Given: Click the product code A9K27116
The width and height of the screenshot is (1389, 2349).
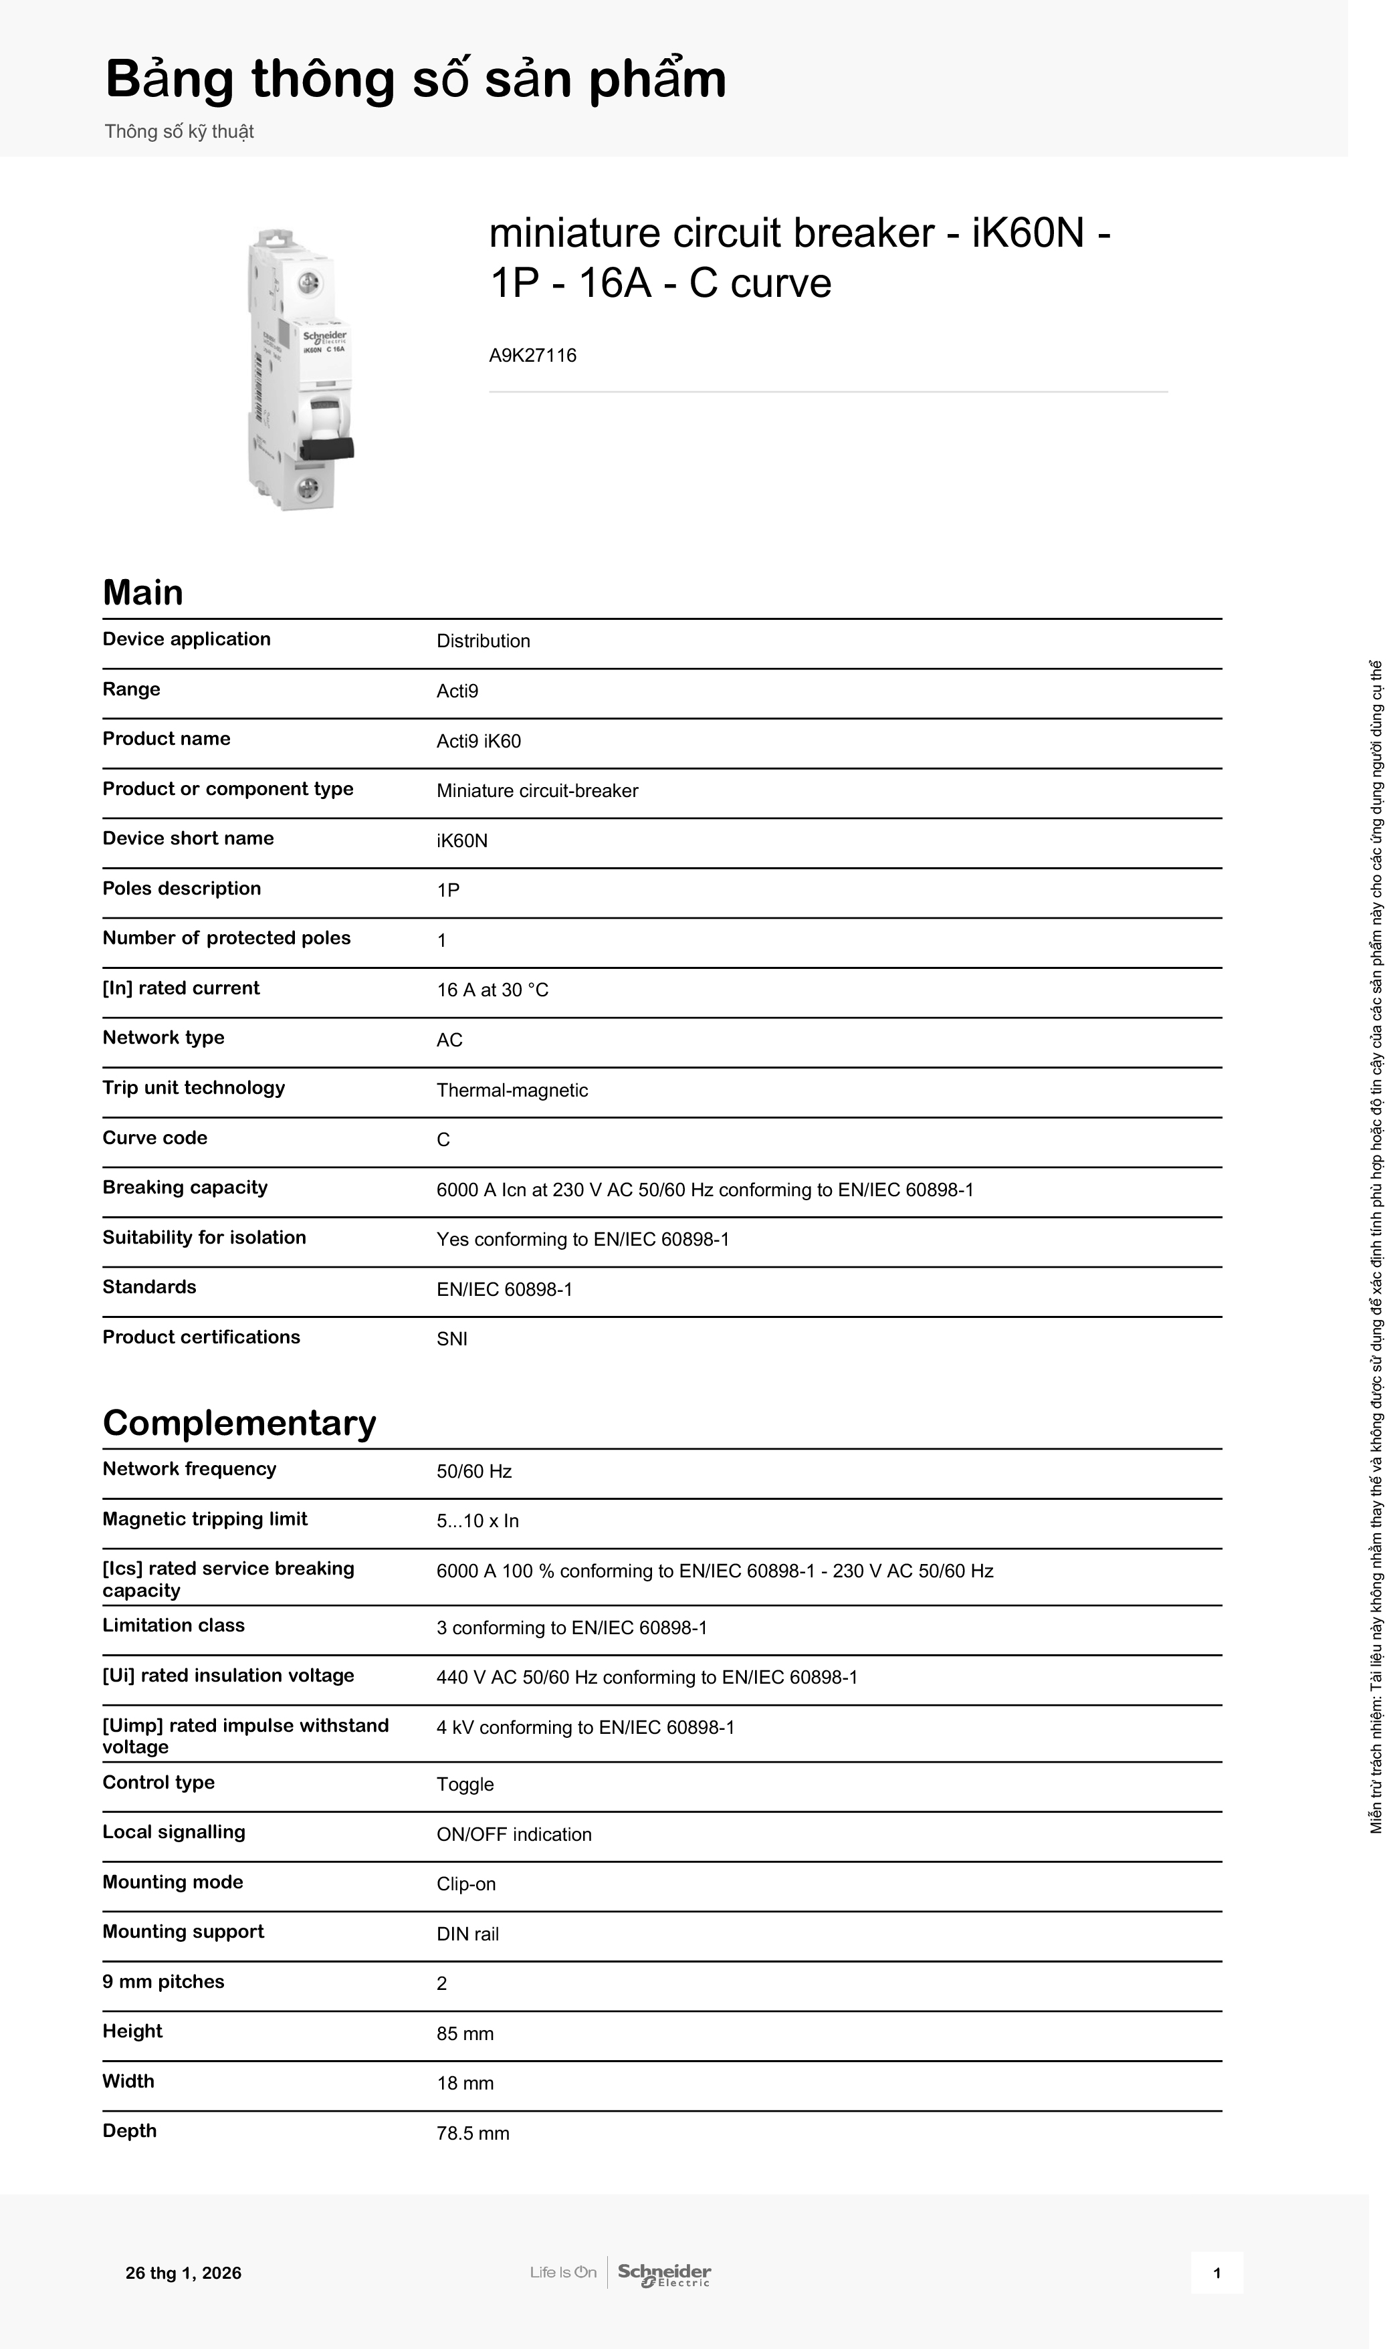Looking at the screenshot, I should tap(532, 356).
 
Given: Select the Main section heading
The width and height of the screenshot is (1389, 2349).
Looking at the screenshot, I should tap(142, 592).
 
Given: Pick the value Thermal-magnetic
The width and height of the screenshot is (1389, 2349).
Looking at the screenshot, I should tap(512, 1091).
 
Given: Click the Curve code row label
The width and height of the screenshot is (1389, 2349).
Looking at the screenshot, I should tap(154, 1138).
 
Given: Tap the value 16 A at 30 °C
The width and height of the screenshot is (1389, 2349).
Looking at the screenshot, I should tap(492, 990).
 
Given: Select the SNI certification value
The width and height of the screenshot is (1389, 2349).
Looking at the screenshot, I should tap(452, 1339).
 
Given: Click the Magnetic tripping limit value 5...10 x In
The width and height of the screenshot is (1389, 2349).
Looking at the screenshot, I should tap(477, 1521).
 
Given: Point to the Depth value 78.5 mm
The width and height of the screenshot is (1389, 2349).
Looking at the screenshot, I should tap(473, 2133).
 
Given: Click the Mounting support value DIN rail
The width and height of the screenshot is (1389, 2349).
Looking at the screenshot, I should tap(467, 1934).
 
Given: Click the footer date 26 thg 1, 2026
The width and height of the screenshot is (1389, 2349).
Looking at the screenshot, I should tap(183, 2273).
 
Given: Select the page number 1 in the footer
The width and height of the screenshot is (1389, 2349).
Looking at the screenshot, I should tap(1216, 2273).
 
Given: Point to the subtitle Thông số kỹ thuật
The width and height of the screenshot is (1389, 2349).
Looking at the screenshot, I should tap(179, 132).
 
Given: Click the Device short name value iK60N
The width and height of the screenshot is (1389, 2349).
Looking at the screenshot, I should tap(461, 841).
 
